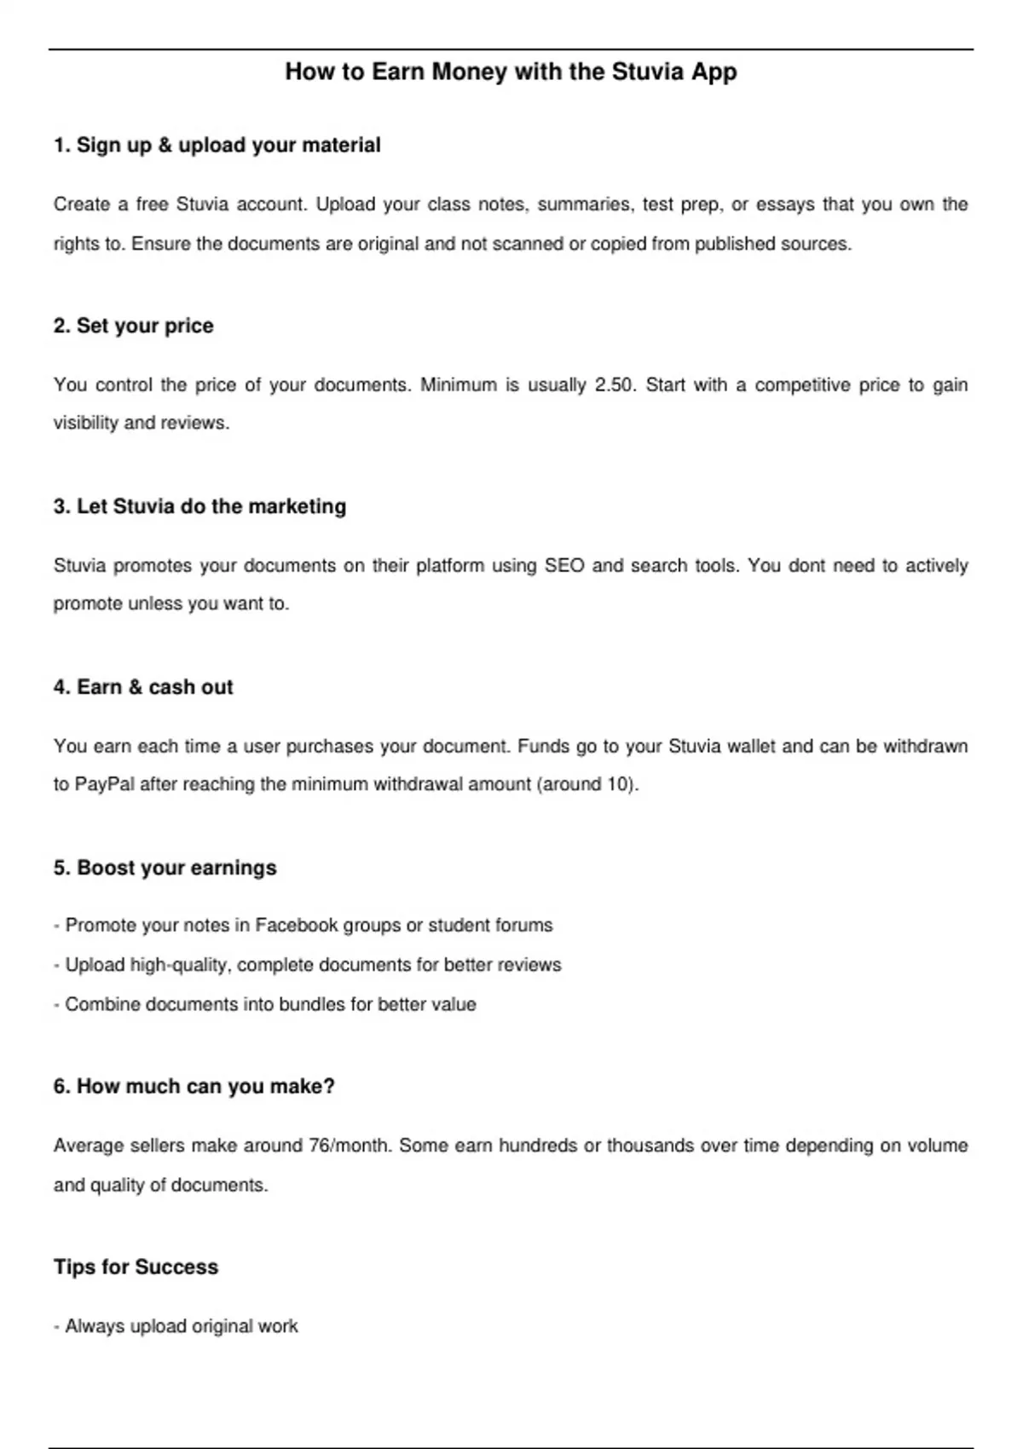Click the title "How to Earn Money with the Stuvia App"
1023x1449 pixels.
coord(511,72)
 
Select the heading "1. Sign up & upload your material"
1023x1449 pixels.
coord(217,145)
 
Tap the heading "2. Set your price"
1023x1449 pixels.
coord(133,326)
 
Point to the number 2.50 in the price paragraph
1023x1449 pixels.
coord(615,385)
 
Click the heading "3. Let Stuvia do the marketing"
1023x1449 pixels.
coord(199,506)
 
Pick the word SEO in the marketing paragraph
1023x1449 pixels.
coord(564,566)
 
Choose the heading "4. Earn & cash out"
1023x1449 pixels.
coord(143,687)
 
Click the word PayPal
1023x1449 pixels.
coord(105,784)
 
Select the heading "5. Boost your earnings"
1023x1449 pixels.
coord(165,868)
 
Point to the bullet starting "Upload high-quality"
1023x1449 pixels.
coord(307,965)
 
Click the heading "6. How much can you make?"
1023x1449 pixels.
coord(194,1086)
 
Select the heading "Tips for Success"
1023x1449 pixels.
coord(136,1267)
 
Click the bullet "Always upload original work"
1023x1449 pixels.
coord(176,1326)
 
